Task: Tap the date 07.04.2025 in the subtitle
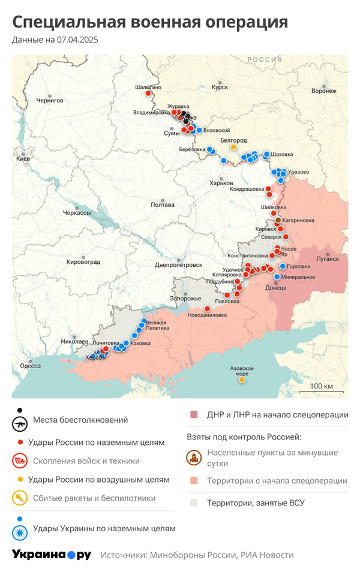(77, 40)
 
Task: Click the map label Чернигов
(49, 100)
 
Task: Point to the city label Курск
(220, 87)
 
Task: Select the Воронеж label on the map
(323, 91)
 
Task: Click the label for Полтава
(163, 204)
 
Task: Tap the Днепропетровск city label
(178, 264)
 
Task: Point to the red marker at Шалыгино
(148, 94)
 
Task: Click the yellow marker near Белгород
(233, 147)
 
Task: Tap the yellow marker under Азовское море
(242, 380)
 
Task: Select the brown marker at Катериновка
(277, 221)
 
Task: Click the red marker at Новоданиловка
(207, 309)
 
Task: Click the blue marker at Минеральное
(277, 276)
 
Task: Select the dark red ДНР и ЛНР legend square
(193, 415)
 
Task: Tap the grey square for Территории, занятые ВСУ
(193, 503)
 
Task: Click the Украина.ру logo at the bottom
(52, 555)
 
